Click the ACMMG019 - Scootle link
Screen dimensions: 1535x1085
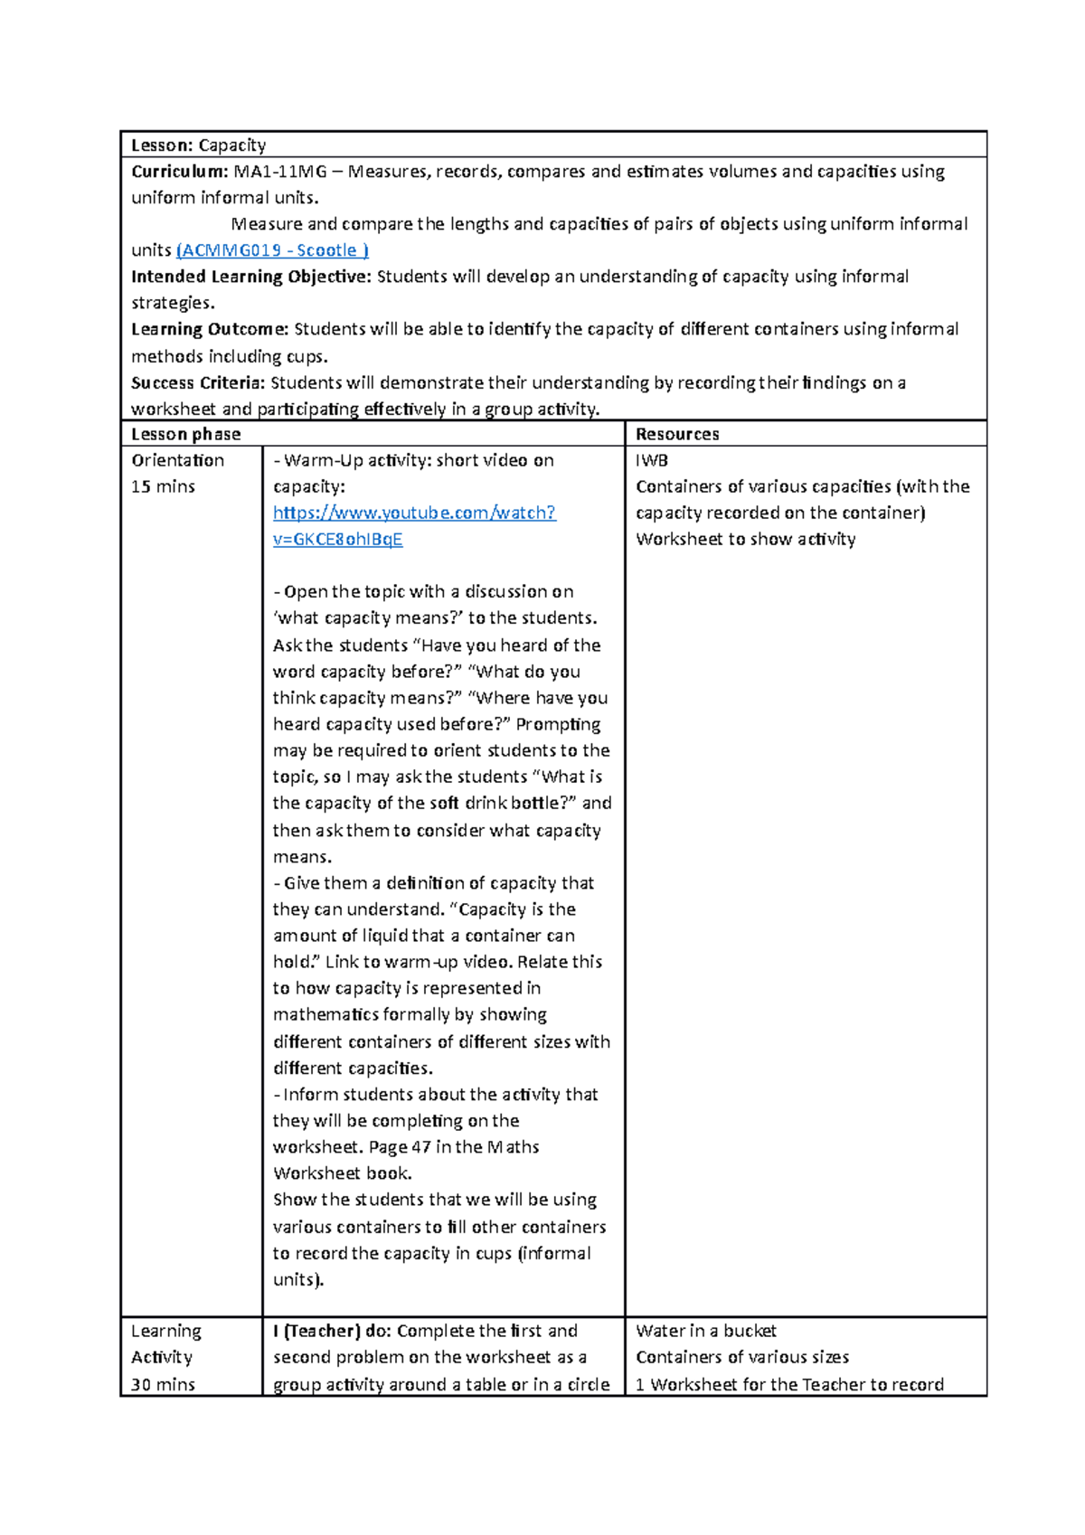pos(272,250)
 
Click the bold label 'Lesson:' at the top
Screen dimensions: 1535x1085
pos(163,146)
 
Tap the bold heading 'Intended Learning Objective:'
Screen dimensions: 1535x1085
pos(251,277)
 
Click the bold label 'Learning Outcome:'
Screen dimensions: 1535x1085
pos(210,329)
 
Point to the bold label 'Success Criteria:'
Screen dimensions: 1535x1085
pos(198,382)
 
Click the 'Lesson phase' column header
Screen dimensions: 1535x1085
pos(186,434)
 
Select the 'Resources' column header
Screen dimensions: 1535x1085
pos(677,434)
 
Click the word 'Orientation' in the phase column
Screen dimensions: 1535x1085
pos(178,460)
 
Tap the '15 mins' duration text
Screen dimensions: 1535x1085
pos(163,486)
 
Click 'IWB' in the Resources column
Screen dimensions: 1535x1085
pos(652,460)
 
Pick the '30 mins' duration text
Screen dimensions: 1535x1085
pos(163,1384)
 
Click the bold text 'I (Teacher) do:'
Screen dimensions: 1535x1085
pos(332,1331)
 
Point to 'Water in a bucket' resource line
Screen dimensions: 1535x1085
pos(706,1331)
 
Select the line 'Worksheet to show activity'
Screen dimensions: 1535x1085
pos(746,539)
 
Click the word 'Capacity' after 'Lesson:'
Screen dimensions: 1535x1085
pos(232,146)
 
